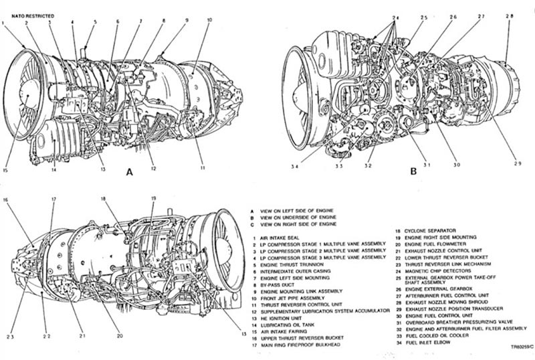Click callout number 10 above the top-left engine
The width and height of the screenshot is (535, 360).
click(209, 21)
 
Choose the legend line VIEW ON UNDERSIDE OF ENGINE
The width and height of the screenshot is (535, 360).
click(300, 216)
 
